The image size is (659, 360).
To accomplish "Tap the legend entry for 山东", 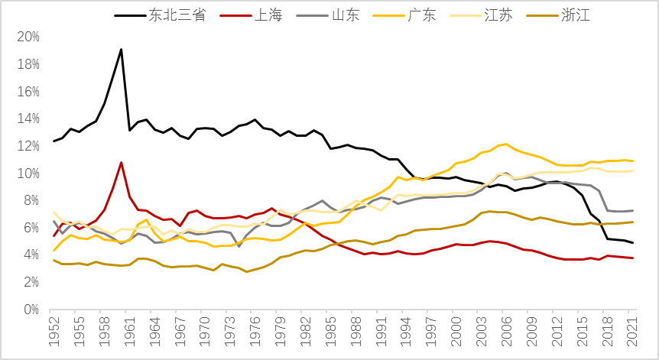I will tap(349, 15).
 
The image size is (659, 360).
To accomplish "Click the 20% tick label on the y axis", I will tap(28, 37).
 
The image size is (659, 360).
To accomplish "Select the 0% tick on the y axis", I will tap(31, 310).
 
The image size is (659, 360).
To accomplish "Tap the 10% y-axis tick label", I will tap(28, 174).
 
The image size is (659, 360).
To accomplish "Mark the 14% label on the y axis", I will tap(28, 118).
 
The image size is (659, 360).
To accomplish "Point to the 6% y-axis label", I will tap(31, 228).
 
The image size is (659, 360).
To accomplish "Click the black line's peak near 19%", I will tap(121, 50).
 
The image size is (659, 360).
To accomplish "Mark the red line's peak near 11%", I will tap(121, 162).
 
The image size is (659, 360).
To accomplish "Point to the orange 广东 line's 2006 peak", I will tap(506, 144).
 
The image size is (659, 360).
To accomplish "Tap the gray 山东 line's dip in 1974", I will tap(239, 246).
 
